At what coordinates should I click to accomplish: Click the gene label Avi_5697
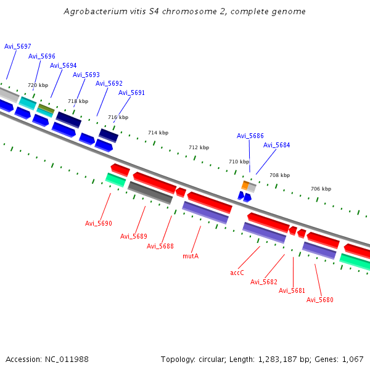pyautogui.click(x=18, y=46)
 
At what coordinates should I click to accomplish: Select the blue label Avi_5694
pyautogui.click(x=64, y=65)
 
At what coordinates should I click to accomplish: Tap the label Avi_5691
pyautogui.click(x=131, y=92)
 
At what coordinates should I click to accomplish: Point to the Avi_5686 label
pyautogui.click(x=250, y=136)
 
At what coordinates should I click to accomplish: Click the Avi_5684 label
pyautogui.click(x=276, y=145)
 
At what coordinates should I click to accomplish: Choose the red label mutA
pyautogui.click(x=191, y=255)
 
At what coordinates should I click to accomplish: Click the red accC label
pyautogui.click(x=237, y=272)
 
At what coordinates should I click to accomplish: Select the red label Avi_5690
pyautogui.click(x=99, y=223)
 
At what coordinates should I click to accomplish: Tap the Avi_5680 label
pyautogui.click(x=320, y=300)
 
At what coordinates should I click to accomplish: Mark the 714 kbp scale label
pyautogui.click(x=158, y=133)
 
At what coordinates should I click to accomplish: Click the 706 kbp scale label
pyautogui.click(x=321, y=189)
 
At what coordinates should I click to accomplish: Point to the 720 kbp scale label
pyautogui.click(x=38, y=85)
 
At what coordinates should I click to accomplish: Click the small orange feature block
pyautogui.click(x=245, y=185)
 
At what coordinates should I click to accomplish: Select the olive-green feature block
pyautogui.click(x=46, y=108)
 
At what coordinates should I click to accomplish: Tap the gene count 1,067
pyautogui.click(x=351, y=359)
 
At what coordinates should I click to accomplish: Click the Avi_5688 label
pyautogui.click(x=160, y=246)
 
